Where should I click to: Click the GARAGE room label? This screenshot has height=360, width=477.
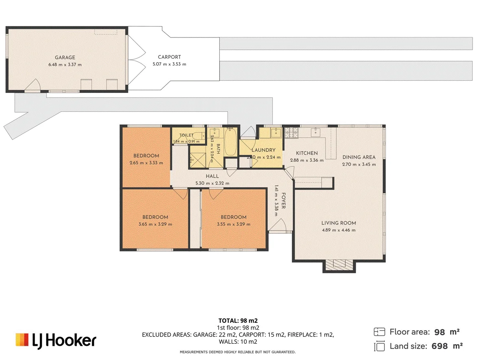click(x=65, y=57)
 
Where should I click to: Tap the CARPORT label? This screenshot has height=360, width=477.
click(x=169, y=57)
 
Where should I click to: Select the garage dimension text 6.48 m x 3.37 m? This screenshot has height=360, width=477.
click(x=65, y=64)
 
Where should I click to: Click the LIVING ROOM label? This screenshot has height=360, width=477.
click(x=338, y=223)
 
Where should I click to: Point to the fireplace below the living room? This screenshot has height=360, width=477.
click(x=339, y=266)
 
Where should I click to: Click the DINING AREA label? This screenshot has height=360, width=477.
click(x=359, y=157)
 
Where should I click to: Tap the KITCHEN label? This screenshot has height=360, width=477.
click(x=307, y=153)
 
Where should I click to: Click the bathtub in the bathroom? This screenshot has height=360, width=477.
click(x=230, y=142)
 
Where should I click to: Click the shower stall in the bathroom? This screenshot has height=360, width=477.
click(x=198, y=160)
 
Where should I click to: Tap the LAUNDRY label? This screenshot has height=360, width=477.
click(x=263, y=150)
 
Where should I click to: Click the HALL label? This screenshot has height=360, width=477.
click(x=212, y=176)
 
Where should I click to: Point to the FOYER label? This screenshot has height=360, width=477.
click(x=283, y=201)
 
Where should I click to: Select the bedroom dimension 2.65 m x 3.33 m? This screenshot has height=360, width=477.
click(x=146, y=163)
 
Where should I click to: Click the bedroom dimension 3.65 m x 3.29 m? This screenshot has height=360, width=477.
click(x=155, y=224)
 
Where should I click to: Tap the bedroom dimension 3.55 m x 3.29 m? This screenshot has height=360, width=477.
click(x=234, y=224)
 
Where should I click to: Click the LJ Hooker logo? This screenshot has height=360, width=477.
click(x=56, y=340)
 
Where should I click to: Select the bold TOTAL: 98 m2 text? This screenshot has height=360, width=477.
click(x=238, y=320)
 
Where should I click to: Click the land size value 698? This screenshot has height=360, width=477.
click(x=439, y=346)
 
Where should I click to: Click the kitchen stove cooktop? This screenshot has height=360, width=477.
click(x=291, y=133)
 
